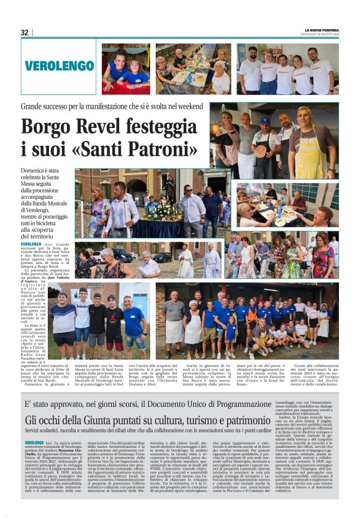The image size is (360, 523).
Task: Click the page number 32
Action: (x=25, y=32)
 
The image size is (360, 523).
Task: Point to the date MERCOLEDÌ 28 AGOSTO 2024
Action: (x=321, y=34)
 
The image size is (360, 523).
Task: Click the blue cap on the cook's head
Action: (x=282, y=121)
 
